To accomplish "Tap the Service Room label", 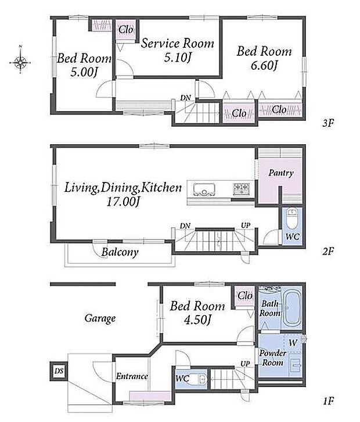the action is (x=178, y=43).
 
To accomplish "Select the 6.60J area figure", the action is (x=264, y=66).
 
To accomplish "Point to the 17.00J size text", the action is (x=123, y=202).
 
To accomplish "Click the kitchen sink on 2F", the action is (x=204, y=189).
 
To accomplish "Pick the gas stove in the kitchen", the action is (x=241, y=188).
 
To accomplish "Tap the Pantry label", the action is (x=281, y=173).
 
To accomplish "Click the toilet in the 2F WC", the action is (x=291, y=218).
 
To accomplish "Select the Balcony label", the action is (x=120, y=252).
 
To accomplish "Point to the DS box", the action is (x=59, y=371).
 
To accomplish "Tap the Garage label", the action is (x=100, y=319).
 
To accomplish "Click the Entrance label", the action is (x=132, y=376).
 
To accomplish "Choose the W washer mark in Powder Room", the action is (x=293, y=343).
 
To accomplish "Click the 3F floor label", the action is (x=327, y=123).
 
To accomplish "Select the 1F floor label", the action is (x=327, y=402).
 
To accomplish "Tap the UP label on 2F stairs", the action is (x=246, y=226).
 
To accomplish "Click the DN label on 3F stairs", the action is (x=185, y=98).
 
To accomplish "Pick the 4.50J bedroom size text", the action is (x=197, y=320).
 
